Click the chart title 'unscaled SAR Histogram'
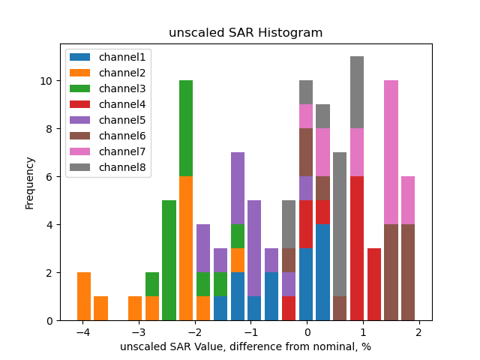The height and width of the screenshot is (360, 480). coord(245,33)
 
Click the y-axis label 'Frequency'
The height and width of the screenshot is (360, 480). coord(30,182)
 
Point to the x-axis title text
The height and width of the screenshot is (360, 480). coord(245,346)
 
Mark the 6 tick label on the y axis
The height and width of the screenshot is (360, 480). coord(48,177)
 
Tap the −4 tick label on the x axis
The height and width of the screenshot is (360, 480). coord(83,332)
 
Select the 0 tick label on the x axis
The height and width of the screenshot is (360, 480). coord(307,332)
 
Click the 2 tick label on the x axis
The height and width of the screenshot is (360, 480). coord(418,332)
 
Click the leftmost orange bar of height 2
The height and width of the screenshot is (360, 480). coord(84,296)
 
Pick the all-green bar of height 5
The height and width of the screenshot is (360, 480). coord(169,260)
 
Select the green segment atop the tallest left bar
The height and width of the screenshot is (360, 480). coord(186,128)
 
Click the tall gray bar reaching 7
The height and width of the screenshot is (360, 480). coord(340,224)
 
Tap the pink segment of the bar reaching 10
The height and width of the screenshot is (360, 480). coord(391,152)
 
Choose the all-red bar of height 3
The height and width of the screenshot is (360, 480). coord(373,284)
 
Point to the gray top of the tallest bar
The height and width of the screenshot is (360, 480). coord(357,92)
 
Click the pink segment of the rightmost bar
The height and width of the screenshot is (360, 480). coord(408,200)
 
